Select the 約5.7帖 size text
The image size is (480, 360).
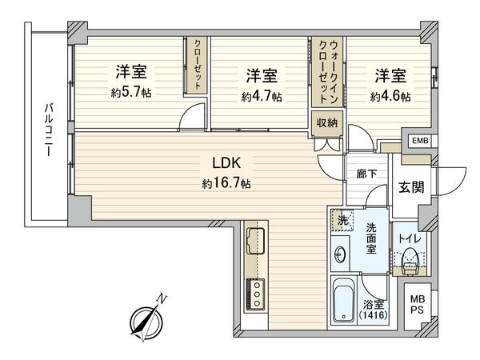(131, 92)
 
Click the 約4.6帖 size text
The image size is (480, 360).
(390, 96)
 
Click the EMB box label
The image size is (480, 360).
(418, 142)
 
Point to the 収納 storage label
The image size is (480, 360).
(326, 122)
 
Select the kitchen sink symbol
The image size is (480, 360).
(257, 238)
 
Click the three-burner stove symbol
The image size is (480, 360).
(258, 293)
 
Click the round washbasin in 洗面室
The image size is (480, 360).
(340, 255)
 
